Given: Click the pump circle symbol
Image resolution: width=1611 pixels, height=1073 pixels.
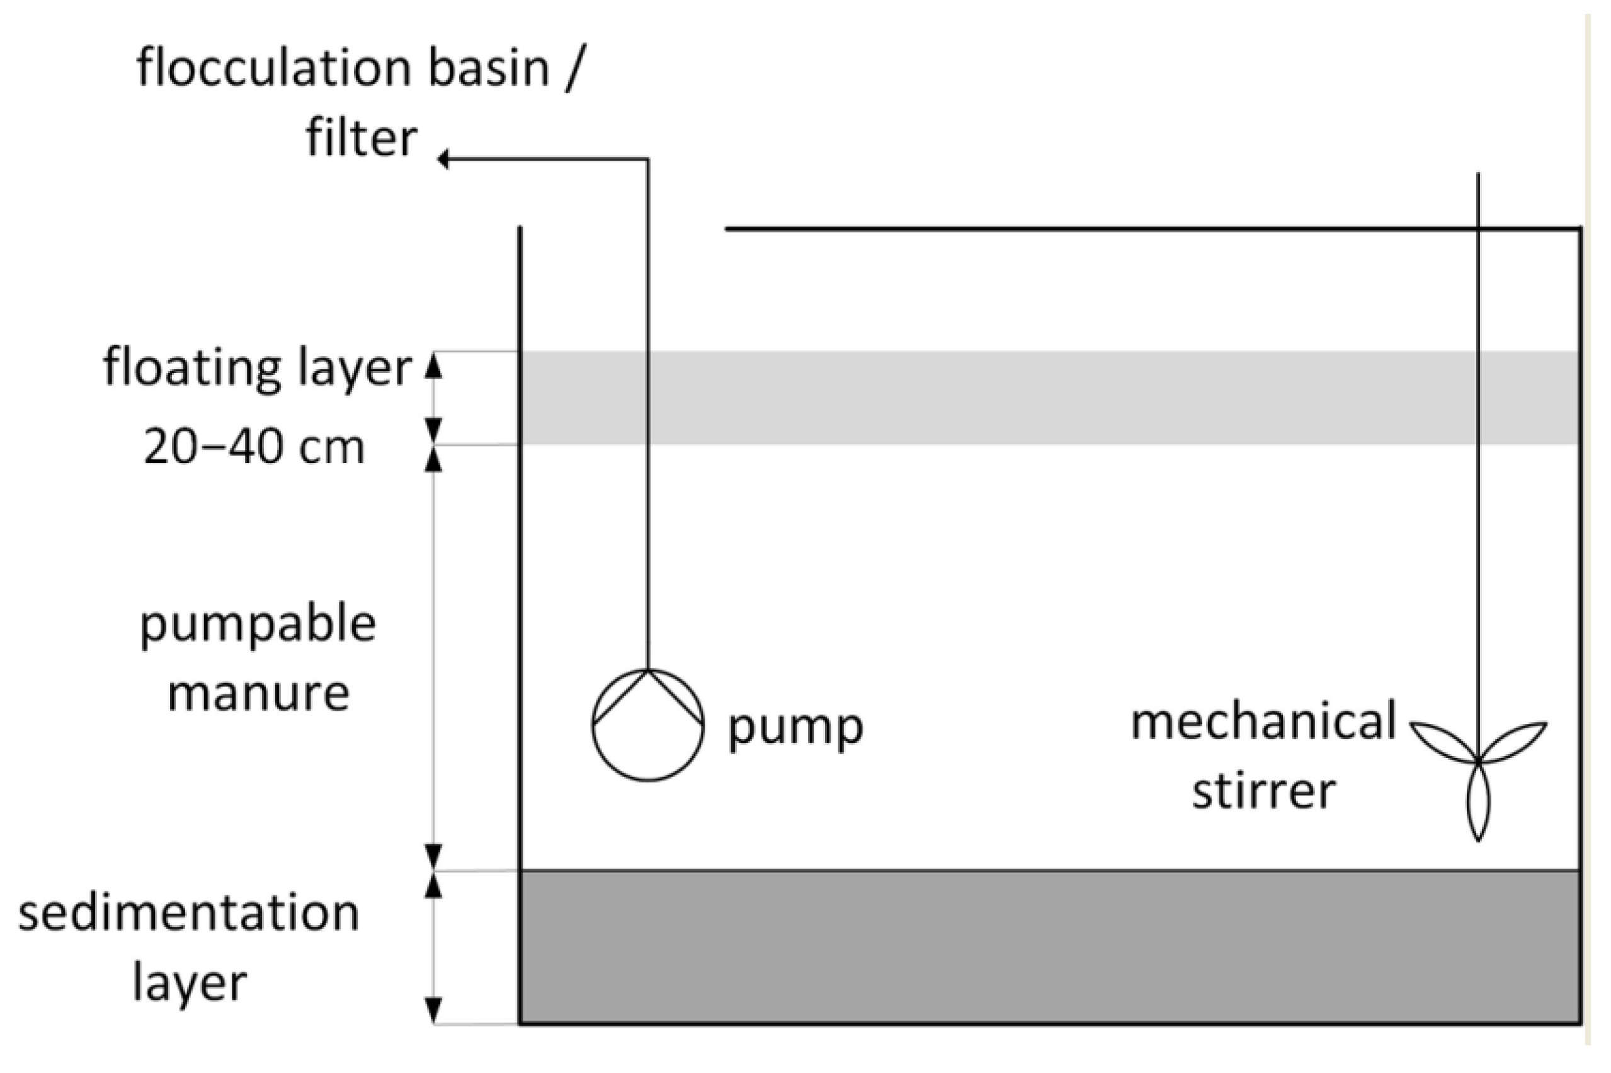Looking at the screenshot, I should [647, 725].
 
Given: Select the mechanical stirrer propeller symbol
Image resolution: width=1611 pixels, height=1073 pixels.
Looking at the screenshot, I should [1477, 760].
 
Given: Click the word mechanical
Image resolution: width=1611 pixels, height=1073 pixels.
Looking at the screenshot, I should [1263, 722].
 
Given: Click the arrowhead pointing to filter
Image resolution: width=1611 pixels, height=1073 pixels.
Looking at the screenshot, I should [444, 159].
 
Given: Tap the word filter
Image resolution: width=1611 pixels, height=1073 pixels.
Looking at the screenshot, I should [360, 137].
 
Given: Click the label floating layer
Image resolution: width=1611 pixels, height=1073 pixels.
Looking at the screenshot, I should [257, 368].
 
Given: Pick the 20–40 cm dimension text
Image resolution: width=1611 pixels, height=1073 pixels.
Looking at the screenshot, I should [254, 449].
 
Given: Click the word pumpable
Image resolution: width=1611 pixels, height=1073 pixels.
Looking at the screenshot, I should [258, 625].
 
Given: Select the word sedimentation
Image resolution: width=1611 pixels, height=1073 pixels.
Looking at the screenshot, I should [188, 914].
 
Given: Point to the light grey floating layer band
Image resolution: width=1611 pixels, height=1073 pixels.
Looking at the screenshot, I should [1026, 398].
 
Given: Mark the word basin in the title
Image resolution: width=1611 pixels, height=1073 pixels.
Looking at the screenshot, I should [489, 69].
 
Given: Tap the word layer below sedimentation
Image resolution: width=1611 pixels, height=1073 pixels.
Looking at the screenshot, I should [189, 984].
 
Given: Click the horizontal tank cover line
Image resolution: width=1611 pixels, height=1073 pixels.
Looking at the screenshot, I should [1095, 229].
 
